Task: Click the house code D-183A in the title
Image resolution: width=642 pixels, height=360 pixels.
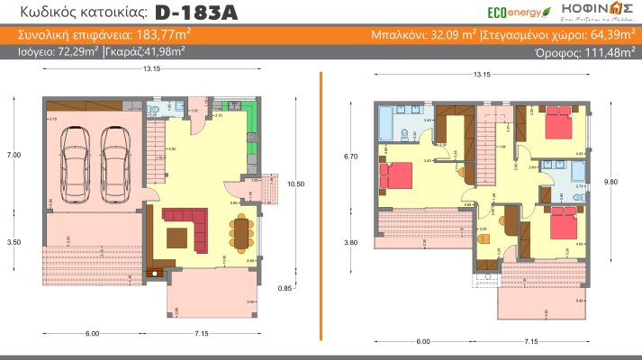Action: coord(190,13)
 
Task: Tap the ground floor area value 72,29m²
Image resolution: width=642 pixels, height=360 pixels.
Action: coord(76,52)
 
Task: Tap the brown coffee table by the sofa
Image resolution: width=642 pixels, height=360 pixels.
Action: coord(178,236)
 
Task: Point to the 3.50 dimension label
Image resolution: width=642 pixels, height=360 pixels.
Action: coord(14,242)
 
